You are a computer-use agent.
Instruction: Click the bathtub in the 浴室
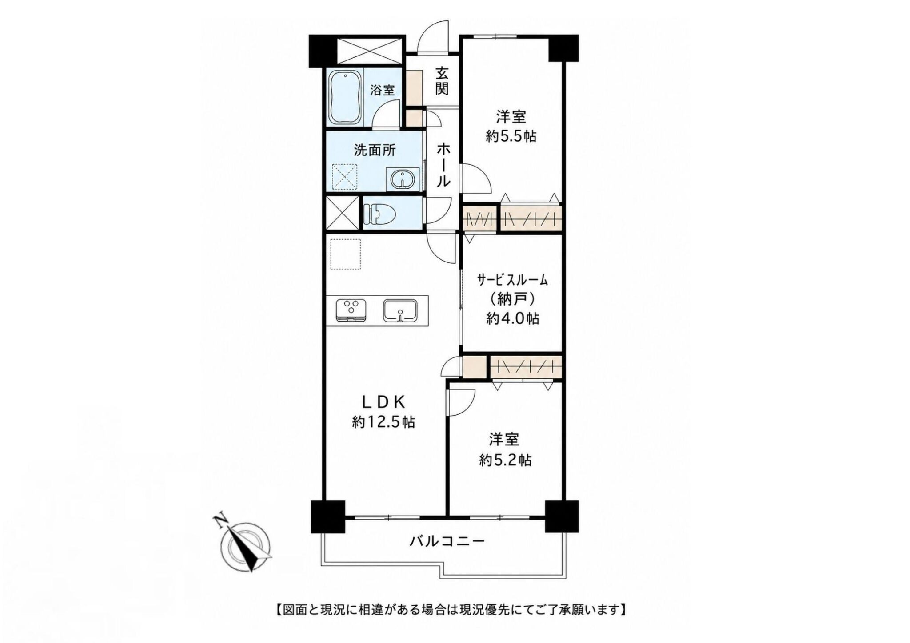345,96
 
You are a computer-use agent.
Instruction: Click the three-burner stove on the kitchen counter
351,310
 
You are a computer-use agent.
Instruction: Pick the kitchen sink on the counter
400,310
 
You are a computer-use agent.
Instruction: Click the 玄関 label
441,81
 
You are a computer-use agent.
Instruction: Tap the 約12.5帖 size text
383,422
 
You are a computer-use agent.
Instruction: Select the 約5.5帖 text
511,136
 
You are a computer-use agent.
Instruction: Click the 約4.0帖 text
513,318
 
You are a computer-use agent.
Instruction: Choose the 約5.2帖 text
505,460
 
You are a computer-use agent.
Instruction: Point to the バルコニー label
447,541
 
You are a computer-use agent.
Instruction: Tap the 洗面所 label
375,151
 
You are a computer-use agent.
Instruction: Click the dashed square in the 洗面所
346,176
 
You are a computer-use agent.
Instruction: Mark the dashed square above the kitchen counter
345,254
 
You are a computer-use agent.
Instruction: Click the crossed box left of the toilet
342,212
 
